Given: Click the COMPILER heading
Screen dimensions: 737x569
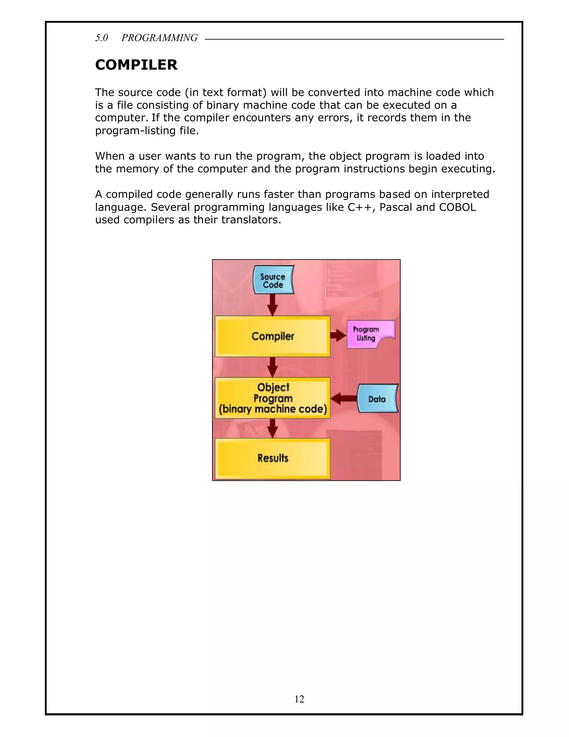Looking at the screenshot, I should coord(136,65).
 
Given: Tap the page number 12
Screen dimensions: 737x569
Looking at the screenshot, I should coord(299,699).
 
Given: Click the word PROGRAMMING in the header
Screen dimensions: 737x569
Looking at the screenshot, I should coord(159,38).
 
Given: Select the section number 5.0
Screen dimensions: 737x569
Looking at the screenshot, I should coord(101,38).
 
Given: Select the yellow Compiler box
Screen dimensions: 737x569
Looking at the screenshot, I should coord(272,336).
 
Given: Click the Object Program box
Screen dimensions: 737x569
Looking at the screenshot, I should coord(272,398).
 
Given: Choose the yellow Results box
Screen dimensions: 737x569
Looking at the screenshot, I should coord(272,458).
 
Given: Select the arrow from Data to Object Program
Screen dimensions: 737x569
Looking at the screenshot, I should coord(344,399).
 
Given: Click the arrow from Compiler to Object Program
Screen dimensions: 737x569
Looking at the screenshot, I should coord(272,367).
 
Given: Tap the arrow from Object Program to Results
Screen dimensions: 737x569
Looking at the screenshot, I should coord(272,429).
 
